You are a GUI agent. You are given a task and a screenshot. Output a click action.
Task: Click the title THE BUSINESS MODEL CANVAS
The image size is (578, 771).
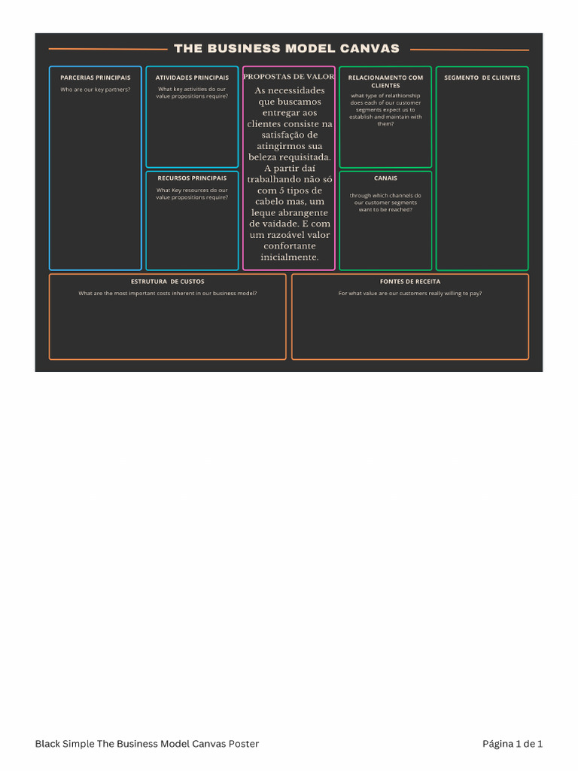coord(287,49)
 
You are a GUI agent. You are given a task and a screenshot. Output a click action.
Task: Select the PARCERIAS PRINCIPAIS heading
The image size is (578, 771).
coord(95,78)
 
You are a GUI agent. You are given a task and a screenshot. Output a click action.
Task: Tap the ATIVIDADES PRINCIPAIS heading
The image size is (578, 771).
coord(192,78)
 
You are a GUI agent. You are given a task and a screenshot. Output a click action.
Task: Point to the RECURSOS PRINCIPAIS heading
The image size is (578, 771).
coord(192,178)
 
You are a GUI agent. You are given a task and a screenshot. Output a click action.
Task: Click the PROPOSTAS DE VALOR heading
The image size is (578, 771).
coord(289,77)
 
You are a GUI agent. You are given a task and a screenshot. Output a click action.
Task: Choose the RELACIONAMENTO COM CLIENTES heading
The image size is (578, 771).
coord(385,81)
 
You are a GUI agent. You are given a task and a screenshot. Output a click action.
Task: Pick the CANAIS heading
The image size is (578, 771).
coord(385,178)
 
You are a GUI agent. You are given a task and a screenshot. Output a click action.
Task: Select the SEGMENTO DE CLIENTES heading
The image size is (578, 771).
coord(482,78)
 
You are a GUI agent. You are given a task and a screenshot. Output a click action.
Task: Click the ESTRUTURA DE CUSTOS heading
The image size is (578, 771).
coord(167,282)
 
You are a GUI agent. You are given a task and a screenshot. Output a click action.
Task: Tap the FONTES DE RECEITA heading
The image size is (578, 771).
coord(410,282)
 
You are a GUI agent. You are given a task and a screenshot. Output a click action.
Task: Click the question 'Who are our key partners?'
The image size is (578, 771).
coord(95,90)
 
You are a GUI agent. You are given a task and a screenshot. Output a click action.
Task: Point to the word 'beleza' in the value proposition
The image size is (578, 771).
coord(268,157)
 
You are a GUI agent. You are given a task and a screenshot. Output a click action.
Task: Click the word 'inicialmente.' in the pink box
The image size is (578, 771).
coord(289,258)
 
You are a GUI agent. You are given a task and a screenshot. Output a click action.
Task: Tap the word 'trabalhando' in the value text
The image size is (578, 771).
coord(272,180)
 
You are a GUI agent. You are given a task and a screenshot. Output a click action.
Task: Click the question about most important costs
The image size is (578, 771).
coord(167,293)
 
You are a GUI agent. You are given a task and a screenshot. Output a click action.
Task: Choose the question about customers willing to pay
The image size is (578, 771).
coord(410,293)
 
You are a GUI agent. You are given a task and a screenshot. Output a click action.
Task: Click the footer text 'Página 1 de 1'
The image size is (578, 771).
coord(512,744)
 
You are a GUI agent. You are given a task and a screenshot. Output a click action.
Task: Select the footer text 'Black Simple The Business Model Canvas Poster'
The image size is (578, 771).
coord(147,744)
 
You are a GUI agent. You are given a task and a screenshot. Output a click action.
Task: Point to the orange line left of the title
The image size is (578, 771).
coord(108,49)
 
